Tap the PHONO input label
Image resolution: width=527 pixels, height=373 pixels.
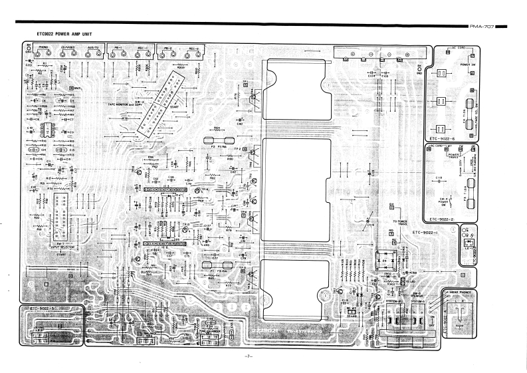[43, 48]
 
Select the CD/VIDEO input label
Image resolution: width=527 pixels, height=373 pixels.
[67, 48]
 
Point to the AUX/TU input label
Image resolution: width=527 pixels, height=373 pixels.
[93, 48]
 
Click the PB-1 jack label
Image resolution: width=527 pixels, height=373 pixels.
[118, 48]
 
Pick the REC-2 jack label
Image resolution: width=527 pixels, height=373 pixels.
[195, 48]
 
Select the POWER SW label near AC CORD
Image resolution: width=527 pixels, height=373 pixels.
[467, 64]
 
